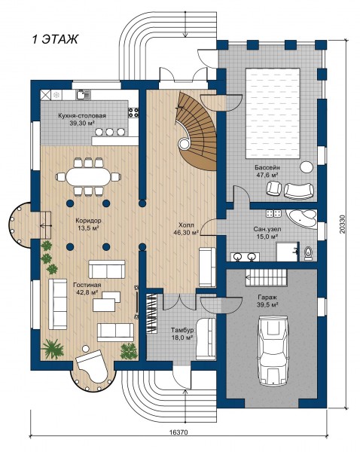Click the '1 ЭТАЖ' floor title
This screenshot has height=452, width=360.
click(x=55, y=39)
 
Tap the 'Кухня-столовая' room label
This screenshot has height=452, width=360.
click(x=82, y=115)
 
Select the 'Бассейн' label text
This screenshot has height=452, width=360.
click(x=267, y=167)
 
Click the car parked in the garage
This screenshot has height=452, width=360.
click(x=273, y=350)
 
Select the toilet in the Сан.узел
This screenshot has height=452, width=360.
click(x=308, y=254)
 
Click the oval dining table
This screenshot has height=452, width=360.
click(x=88, y=177)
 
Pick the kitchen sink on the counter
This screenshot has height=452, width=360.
click(x=83, y=94)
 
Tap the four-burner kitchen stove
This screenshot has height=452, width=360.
click(x=133, y=112)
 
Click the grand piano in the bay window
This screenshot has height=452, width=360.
click(x=92, y=365)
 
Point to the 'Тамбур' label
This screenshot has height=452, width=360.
click(x=182, y=331)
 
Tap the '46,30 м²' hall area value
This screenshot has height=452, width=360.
click(x=186, y=232)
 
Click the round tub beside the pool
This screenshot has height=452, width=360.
click(x=306, y=167)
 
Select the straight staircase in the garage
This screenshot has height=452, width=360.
click(x=266, y=277)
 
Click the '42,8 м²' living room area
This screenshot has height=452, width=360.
click(x=86, y=292)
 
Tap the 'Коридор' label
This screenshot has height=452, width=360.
click(x=88, y=221)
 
